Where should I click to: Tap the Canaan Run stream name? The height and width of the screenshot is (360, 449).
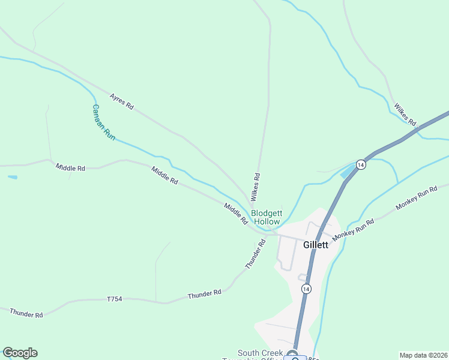pos(103,122)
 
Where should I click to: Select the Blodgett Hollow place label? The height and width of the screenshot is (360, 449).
pos(267,217)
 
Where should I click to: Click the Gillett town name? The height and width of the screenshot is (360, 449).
pos(316,245)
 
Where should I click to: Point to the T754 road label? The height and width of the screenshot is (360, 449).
pos(115,299)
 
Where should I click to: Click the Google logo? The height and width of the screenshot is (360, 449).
pos(20,353)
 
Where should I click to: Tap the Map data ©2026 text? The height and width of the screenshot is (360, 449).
pos(423,355)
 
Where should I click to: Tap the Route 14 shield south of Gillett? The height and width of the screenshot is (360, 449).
pos(306,289)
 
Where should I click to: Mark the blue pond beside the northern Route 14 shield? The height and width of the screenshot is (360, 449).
pos(348,173)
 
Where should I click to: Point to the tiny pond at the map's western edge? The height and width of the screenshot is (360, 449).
pos(13,178)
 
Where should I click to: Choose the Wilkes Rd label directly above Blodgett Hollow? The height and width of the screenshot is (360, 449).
pos(256,187)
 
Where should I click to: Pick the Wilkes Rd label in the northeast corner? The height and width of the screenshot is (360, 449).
pos(405,115)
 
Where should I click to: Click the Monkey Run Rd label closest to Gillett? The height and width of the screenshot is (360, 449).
pos(354,229)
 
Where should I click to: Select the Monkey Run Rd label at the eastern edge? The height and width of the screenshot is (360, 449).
pos(422,197)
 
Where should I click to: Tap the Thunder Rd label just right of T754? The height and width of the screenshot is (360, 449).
pos(204,294)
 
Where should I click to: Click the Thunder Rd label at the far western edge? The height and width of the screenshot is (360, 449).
pos(26,313)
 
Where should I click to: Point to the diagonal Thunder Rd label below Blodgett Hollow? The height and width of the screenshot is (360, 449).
pos(255,254)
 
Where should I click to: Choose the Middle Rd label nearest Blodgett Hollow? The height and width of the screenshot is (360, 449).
pos(235,214)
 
